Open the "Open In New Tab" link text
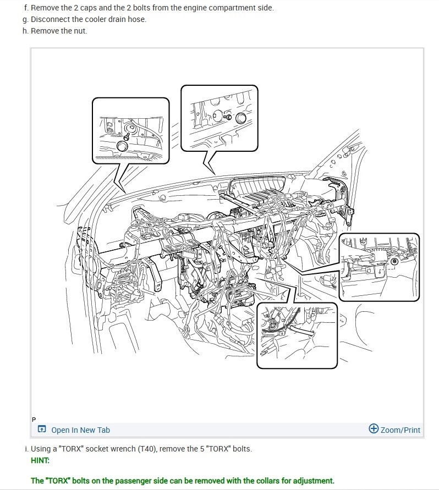[80, 430]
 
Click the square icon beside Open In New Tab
[42, 430]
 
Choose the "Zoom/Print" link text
[400, 430]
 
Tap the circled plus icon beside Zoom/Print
[374, 429]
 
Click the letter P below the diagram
[34, 420]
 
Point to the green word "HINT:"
[40, 460]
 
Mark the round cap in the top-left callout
[123, 146]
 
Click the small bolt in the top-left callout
[127, 132]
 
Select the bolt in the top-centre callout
[228, 116]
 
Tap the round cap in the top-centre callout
[240, 118]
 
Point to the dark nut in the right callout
[394, 261]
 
